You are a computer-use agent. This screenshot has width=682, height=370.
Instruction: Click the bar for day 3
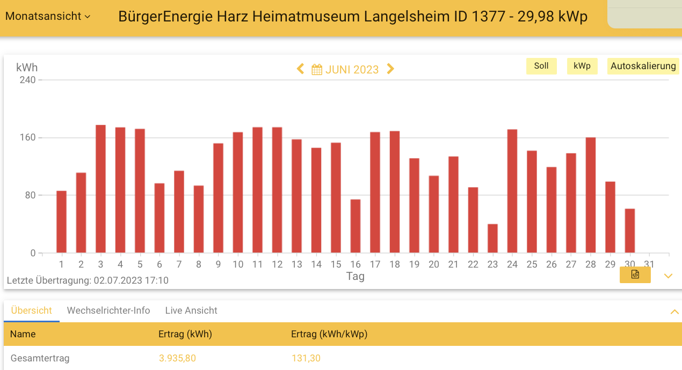[100, 189]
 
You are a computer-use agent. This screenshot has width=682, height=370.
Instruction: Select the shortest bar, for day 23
[492, 239]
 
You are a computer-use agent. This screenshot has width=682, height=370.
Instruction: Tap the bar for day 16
[355, 226]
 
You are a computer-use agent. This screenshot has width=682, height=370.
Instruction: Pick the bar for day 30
[630, 231]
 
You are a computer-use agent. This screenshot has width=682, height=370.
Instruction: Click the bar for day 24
[512, 191]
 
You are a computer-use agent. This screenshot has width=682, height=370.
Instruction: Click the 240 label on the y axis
[27, 80]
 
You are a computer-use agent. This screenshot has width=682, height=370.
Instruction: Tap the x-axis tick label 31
[649, 264]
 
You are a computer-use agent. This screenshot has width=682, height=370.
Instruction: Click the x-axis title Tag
[355, 276]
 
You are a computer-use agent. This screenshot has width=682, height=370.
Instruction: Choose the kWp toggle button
[582, 66]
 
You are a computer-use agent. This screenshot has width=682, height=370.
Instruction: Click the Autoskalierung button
[643, 66]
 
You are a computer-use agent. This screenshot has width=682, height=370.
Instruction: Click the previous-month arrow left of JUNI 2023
[301, 69]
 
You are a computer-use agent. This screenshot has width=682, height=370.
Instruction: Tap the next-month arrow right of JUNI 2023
[390, 69]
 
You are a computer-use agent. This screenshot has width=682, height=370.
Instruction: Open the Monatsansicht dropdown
[47, 16]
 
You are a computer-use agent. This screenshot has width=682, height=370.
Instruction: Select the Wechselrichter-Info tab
[108, 310]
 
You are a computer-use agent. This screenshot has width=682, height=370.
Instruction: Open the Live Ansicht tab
[191, 310]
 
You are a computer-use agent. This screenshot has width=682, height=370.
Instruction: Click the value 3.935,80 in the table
[177, 358]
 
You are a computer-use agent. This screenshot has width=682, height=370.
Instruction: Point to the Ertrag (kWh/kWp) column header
[329, 334]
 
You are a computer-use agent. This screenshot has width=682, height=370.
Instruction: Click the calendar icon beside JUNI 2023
[317, 70]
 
